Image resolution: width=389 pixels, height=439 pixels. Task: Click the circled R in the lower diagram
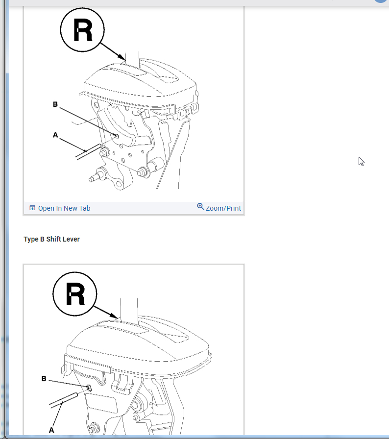point(75,294)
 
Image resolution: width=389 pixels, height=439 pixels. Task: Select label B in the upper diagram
point(55,104)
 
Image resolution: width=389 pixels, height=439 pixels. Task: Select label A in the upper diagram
point(55,134)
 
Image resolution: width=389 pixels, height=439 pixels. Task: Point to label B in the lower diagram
point(44,379)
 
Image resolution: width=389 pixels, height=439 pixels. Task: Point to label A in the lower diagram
point(51,430)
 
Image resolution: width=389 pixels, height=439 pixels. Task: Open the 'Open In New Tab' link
point(64,208)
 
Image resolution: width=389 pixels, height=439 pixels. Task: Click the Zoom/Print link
point(223,208)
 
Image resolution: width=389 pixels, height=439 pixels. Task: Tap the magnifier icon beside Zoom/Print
point(200,207)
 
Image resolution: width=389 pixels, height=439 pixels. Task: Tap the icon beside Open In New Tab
point(32,208)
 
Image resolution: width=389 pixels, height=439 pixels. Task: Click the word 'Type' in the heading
point(30,239)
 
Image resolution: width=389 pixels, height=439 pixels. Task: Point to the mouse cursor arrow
point(361,161)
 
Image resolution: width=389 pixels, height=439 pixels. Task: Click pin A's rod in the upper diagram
point(88,151)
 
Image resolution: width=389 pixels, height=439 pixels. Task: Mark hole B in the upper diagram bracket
point(117,136)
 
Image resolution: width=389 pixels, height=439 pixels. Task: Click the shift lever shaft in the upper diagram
point(133,56)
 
